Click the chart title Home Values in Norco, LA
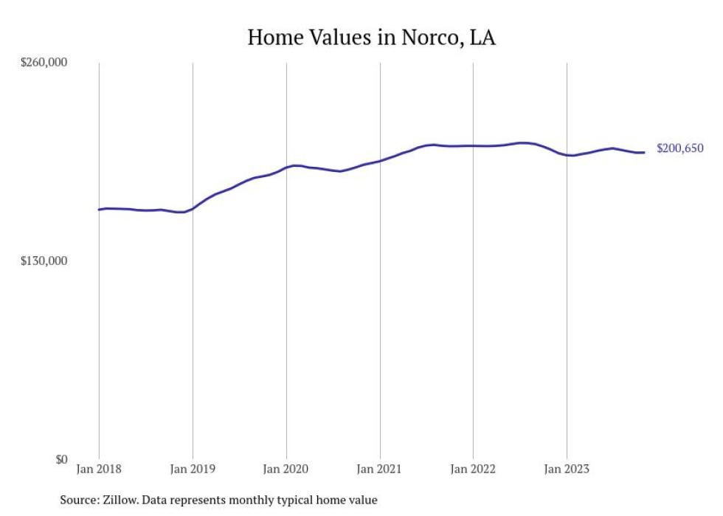pos(371,38)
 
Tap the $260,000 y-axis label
pos(44,63)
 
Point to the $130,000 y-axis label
pos(44,261)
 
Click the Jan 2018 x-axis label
pos(99,468)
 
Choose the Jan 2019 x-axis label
pos(193,468)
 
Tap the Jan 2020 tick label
pos(286,468)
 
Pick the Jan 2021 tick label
pos(379,468)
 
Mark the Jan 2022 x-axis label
pos(473,468)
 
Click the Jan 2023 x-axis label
pos(567,468)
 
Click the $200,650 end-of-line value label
pos(679,148)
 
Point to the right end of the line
pos(644,152)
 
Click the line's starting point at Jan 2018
pos(100,210)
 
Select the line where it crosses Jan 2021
pos(379,161)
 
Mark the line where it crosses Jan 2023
pos(567,155)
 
